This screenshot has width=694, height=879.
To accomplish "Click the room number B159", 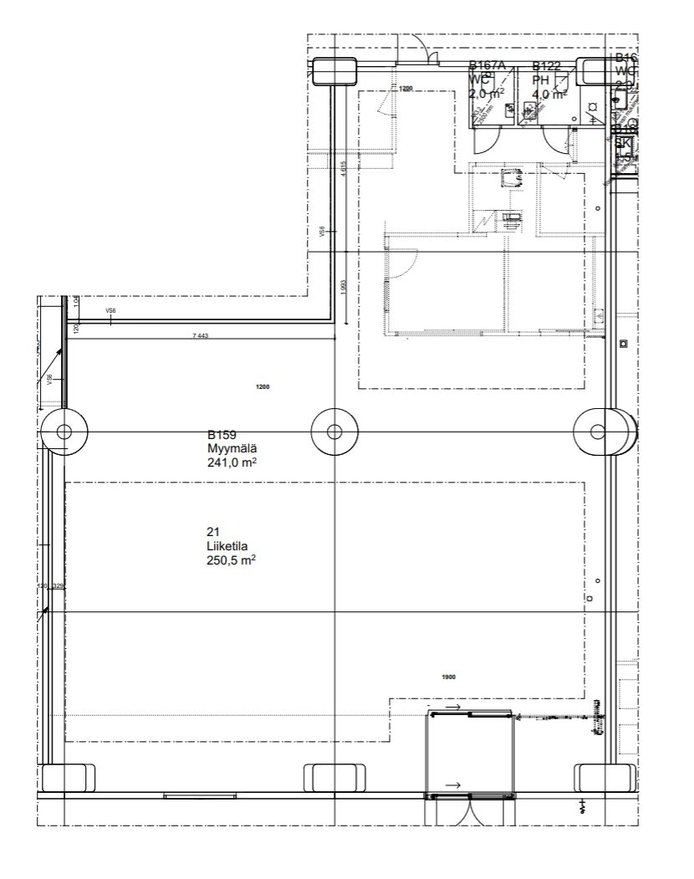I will pos(222,435).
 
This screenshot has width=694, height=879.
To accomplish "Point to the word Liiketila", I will pos(225,546).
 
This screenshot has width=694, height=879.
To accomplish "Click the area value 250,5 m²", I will pos(230,560).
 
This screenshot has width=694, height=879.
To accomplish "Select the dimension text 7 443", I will pos(200,335).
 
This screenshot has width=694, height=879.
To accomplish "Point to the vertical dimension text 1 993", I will pos(344,287).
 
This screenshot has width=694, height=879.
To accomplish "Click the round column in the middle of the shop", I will pos(334,432).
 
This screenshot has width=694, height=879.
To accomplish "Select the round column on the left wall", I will pos(64,432).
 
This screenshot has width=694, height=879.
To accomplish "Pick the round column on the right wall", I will pos(598,432).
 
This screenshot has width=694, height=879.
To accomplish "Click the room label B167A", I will pos(487,66).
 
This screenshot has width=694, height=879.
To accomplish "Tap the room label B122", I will pos(546,66).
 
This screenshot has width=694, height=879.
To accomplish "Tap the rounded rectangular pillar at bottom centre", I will pos(334,778).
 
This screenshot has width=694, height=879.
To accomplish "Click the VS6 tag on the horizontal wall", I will pos(110,311).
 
